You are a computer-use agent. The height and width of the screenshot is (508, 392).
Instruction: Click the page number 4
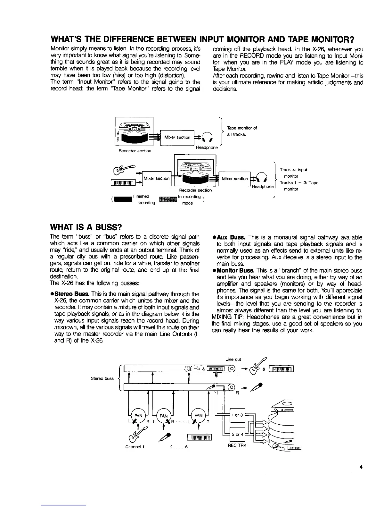click(361, 467)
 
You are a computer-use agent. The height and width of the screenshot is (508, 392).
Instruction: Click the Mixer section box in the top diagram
click(177, 138)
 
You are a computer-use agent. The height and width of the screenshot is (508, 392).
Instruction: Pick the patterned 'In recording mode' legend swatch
click(168, 199)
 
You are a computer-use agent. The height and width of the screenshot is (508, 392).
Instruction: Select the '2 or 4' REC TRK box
click(237, 435)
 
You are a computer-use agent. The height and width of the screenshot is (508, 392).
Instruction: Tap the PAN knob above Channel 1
click(138, 415)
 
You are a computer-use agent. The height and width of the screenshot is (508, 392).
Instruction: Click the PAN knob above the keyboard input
click(198, 415)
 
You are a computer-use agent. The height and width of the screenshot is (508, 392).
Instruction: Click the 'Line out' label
click(233, 359)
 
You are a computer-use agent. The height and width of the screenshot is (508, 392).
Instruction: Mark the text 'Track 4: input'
click(293, 170)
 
